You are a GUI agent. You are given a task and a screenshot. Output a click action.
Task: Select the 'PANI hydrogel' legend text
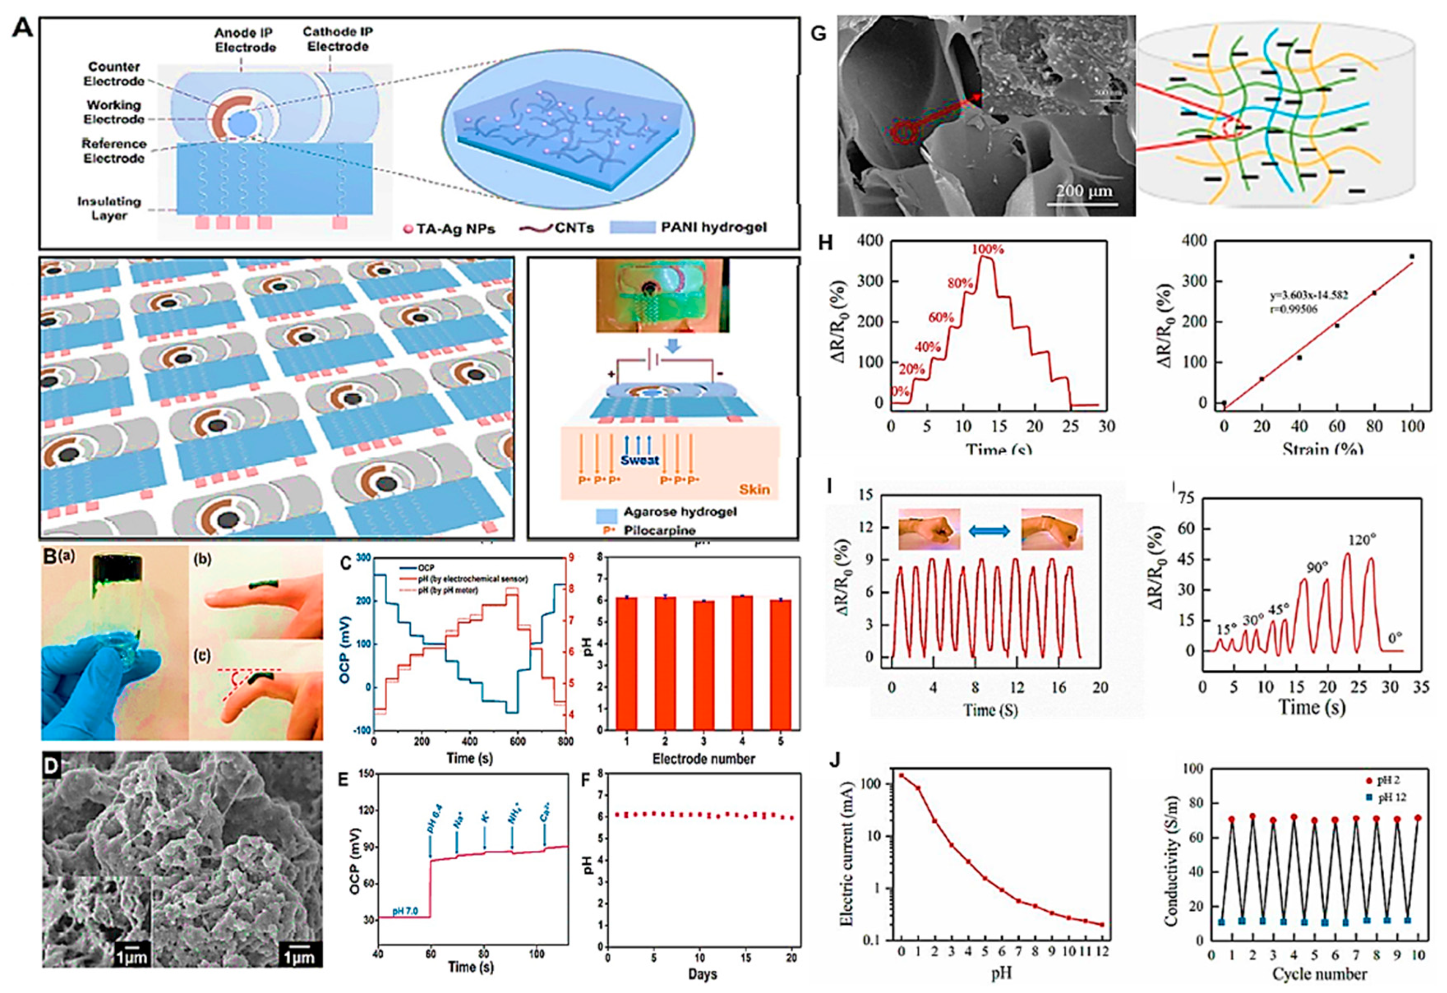click(713, 228)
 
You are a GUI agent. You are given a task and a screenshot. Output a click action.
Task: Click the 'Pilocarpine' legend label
click(659, 531)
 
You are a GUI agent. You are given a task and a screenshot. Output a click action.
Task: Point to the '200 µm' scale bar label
click(1084, 190)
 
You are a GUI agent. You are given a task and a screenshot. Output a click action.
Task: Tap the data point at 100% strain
click(1412, 257)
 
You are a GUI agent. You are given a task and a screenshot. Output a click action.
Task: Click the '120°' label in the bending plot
click(1360, 540)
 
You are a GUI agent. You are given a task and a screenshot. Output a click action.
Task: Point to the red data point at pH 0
click(901, 776)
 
